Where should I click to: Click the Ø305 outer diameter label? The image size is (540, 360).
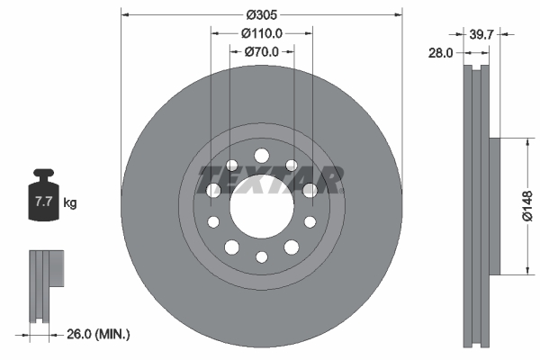tap(261, 14)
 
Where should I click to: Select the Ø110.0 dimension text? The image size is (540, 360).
tap(262, 32)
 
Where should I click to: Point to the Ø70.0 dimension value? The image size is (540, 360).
tap(262, 51)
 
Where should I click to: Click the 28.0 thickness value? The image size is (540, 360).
tap(440, 53)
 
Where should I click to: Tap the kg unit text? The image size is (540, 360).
tap(70, 203)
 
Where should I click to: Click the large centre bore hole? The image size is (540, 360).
tap(261, 205)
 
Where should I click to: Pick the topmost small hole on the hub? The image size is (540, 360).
tap(261, 154)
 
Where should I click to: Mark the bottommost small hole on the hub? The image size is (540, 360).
tap(261, 257)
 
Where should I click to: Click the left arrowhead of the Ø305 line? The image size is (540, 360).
tap(124, 14)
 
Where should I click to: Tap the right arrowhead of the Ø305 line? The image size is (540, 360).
tap(398, 14)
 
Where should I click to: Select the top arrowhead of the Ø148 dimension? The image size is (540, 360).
tap(525, 141)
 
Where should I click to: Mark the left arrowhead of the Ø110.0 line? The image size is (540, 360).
tap(214, 32)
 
